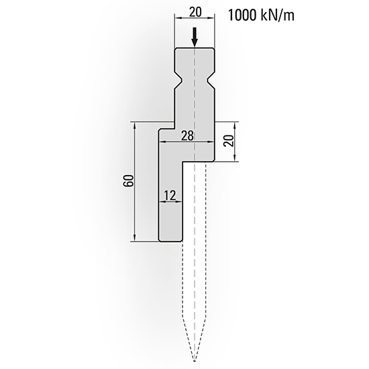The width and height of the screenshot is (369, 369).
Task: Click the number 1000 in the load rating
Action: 244,15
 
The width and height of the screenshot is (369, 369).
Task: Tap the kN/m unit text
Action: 279,15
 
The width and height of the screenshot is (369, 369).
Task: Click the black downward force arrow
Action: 195,38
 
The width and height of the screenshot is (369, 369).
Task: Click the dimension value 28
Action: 188,136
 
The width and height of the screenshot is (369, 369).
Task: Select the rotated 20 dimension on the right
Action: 227,142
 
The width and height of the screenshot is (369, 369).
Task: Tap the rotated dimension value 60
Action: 128,181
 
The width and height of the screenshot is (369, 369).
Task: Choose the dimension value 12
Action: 169,195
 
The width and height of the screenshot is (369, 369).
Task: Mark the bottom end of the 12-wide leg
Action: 168,240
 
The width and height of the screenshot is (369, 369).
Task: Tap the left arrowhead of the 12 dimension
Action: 160,202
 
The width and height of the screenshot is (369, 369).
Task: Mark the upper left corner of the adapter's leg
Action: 159,130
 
